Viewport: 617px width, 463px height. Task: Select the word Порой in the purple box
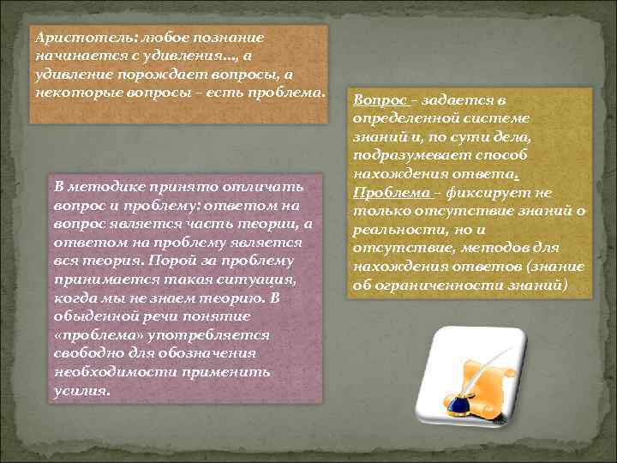click(x=169, y=261)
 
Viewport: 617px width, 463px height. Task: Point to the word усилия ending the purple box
click(x=80, y=391)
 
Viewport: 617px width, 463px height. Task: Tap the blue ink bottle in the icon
click(x=456, y=402)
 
